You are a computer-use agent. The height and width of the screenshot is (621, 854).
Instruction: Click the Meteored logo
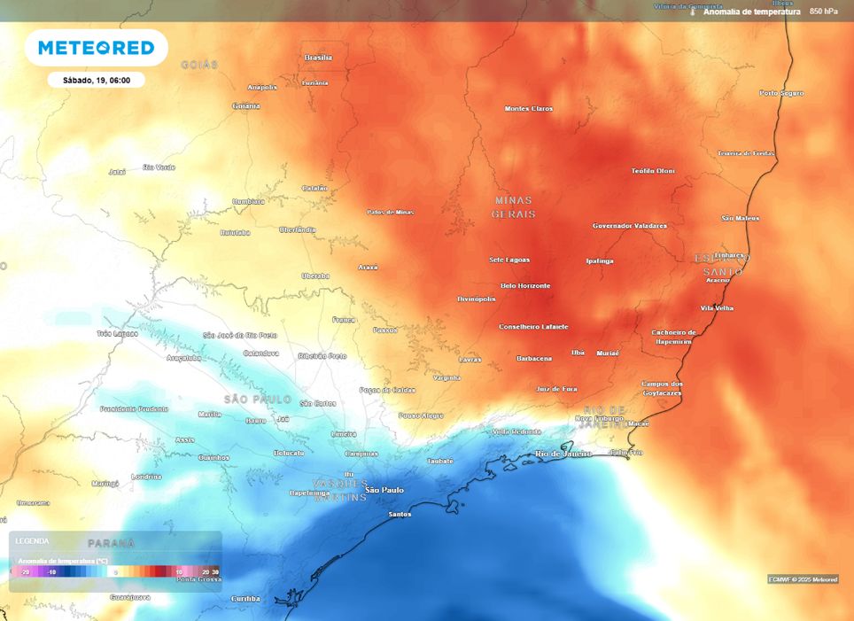(96, 48)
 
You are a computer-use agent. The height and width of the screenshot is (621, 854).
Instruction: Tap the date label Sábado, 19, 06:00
(97, 80)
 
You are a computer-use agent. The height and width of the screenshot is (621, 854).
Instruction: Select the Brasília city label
(318, 58)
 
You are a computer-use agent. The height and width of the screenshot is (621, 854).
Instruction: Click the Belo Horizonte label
(525, 285)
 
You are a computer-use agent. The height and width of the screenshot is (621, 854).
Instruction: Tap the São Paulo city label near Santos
(384, 489)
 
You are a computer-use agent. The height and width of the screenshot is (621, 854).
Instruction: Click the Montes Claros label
(528, 108)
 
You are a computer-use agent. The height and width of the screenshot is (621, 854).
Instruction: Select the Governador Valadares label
(629, 226)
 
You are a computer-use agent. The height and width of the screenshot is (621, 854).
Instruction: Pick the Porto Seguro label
(781, 93)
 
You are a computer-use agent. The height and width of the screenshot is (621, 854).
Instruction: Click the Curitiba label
(245, 598)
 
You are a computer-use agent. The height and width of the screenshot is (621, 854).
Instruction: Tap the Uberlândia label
(297, 229)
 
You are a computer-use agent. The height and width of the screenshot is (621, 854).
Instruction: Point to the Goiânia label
(245, 106)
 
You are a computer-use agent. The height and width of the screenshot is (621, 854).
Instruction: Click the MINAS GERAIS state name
(514, 207)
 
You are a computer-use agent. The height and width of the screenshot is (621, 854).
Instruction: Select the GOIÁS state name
(198, 65)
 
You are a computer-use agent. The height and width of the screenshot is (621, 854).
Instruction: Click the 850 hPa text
(823, 12)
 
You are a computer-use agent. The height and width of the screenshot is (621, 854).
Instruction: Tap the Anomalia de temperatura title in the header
(751, 12)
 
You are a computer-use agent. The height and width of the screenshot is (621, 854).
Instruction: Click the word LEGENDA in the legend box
(33, 540)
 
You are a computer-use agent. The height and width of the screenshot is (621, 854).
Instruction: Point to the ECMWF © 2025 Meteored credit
(803, 579)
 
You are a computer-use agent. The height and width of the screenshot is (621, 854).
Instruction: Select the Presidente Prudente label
(134, 408)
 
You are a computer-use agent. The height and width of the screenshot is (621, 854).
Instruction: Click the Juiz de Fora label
(556, 388)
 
